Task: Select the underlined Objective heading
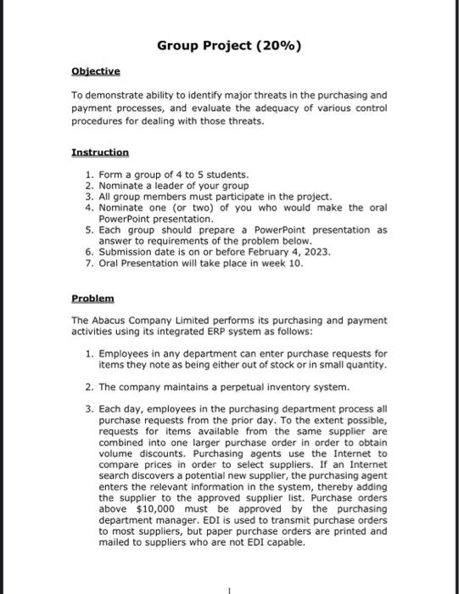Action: [96, 72]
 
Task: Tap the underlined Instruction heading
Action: [100, 153]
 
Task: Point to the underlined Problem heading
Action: [92, 300]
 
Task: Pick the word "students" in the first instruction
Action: [204, 174]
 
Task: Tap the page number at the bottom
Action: [229, 587]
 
